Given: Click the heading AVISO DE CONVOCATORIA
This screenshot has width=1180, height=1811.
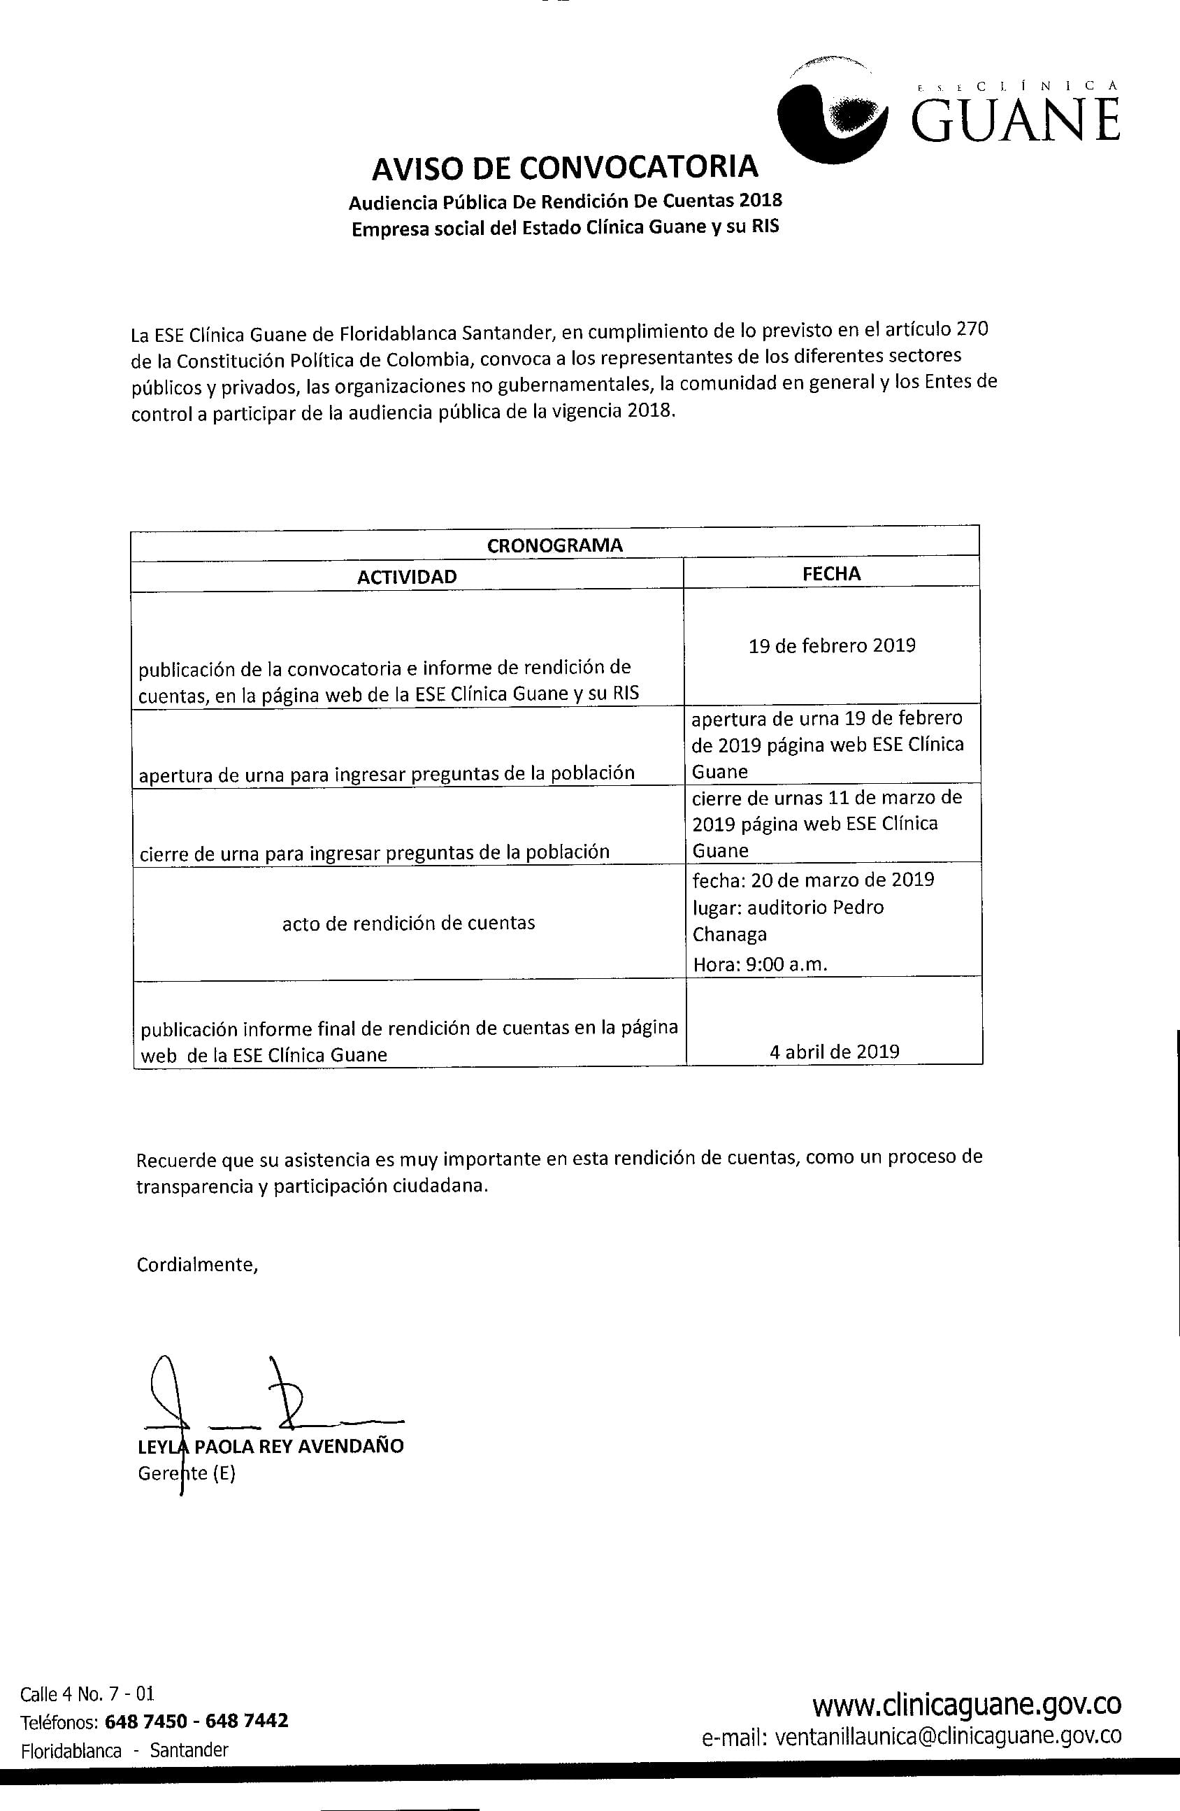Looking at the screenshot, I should coord(565,167).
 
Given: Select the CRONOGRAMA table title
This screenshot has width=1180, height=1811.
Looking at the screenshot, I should coord(554,545).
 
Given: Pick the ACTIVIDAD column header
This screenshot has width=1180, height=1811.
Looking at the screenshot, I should coord(407,576).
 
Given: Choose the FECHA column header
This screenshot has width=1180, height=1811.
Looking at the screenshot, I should coord(832,574).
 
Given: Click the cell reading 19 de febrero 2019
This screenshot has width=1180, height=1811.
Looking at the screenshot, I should coord(832,645).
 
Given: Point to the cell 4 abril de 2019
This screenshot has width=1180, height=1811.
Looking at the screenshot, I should coord(834,1052).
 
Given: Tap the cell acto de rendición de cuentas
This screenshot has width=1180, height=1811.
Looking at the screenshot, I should coord(408,923).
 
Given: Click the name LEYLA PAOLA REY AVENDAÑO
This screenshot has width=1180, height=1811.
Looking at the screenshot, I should coord(271,1446).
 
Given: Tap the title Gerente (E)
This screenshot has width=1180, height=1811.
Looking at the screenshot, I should coord(187,1474).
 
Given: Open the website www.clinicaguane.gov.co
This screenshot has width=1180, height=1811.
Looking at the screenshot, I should coord(966,1705).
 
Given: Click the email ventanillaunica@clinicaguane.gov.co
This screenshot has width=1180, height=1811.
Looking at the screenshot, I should coord(912,1735).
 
